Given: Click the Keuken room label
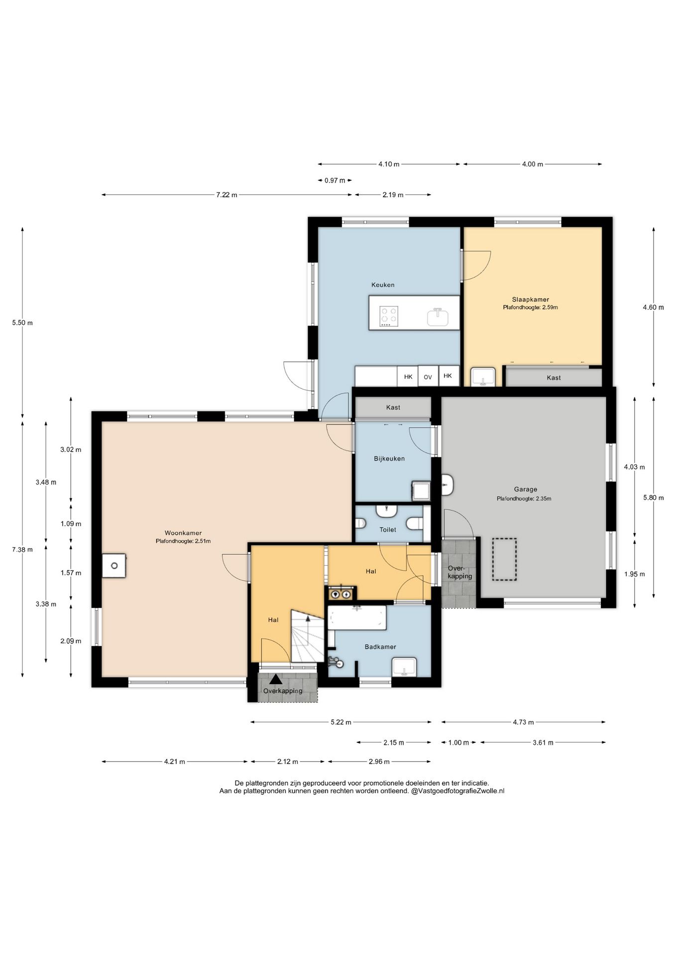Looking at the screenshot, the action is click(383, 285).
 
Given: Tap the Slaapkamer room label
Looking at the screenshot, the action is click(531, 299).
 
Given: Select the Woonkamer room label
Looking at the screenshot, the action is click(183, 533).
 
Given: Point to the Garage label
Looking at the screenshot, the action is click(526, 489).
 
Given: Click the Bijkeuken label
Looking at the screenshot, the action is click(389, 459).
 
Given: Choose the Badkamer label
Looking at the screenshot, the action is click(380, 647).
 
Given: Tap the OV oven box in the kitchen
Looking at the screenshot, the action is click(428, 377).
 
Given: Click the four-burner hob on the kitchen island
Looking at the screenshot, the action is click(389, 316).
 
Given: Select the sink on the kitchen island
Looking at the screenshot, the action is click(438, 317).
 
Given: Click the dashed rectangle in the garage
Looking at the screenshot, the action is click(504, 559).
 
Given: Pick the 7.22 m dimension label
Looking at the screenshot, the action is click(226, 195).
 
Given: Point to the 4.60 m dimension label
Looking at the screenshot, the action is click(653, 307).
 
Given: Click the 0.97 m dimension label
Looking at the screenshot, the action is click(335, 180).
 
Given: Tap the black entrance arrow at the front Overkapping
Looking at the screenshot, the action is click(276, 679).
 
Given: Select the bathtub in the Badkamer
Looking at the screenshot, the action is click(357, 617).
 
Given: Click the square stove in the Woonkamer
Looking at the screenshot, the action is click(114, 566).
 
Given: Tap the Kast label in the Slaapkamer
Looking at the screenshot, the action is click(554, 378).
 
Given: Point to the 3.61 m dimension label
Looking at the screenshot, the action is click(543, 742).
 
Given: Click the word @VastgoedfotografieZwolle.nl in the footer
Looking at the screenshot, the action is click(457, 791).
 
